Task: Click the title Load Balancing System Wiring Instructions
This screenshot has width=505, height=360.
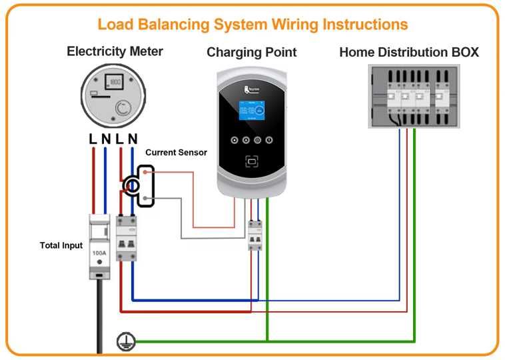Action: [x=252, y=25]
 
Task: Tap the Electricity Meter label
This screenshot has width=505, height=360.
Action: [x=115, y=51]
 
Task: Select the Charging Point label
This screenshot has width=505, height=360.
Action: [x=252, y=52]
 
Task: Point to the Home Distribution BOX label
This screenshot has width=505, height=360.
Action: [x=408, y=52]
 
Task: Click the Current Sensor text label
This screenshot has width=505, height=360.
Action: [x=176, y=153]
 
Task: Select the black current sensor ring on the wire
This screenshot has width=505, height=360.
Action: [x=133, y=186]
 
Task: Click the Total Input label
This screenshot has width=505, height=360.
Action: [x=61, y=245]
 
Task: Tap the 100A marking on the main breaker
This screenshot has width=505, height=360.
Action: [x=99, y=254]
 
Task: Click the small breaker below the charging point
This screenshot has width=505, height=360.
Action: [x=254, y=235]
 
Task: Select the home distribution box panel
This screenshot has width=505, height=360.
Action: [x=414, y=96]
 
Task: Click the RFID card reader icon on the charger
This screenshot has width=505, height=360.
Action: [x=251, y=161]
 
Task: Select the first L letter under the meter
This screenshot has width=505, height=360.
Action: [x=93, y=139]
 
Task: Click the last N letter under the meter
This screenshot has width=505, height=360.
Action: [x=133, y=139]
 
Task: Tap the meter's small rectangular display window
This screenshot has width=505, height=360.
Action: [x=115, y=81]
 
